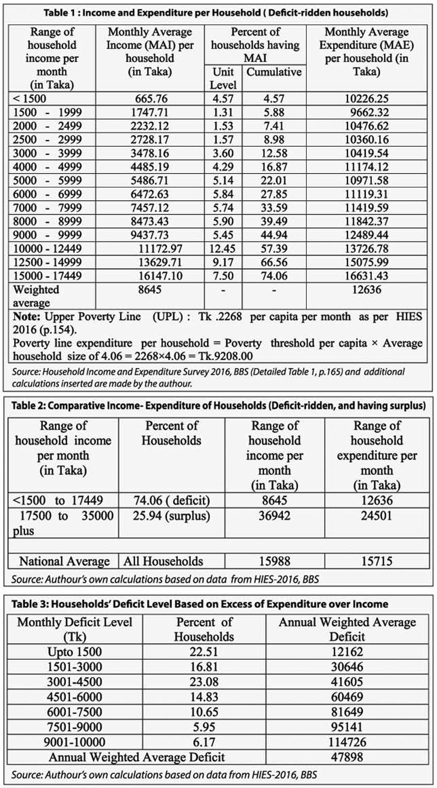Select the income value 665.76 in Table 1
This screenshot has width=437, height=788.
click(151, 99)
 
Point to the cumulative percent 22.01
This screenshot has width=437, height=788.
click(274, 180)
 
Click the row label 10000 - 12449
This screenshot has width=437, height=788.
click(47, 248)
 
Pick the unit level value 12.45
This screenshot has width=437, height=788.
click(222, 248)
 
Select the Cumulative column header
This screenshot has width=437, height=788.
click(274, 72)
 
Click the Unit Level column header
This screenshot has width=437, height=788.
click(223, 78)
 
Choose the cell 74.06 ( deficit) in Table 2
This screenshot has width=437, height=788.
click(171, 500)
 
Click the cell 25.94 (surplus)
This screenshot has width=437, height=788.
click(171, 515)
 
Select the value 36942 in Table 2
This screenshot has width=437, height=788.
click(274, 515)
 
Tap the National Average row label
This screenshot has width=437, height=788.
click(64, 561)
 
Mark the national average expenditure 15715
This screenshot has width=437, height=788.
click(377, 561)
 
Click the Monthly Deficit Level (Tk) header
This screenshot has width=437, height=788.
click(75, 629)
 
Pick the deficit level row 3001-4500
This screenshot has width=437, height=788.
click(75, 682)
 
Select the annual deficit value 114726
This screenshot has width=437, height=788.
click(347, 742)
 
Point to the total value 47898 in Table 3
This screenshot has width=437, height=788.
click(347, 757)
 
